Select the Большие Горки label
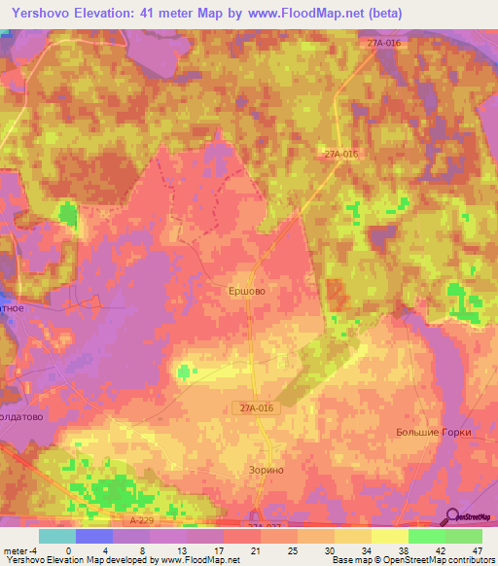point(433,432)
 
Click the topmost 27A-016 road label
point(384,44)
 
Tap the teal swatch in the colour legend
point(56,536)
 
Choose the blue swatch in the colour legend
point(93,536)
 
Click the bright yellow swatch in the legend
point(390,536)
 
